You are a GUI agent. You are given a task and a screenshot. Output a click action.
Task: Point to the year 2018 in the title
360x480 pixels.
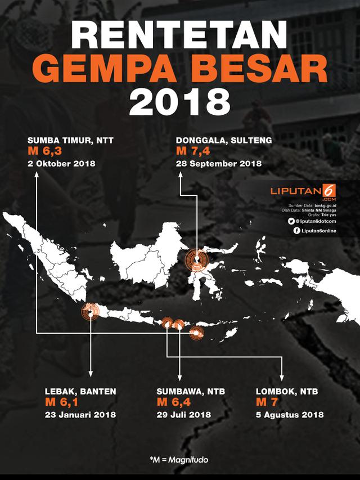(x=180, y=103)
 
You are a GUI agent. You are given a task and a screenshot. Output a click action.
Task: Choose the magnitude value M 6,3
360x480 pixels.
(x=46, y=152)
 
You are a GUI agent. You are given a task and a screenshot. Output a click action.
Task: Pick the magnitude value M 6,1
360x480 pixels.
(x=62, y=402)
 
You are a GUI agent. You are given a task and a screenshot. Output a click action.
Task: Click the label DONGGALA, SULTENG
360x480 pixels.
(x=216, y=140)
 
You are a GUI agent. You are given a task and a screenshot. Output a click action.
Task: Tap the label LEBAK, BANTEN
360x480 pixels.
(x=81, y=391)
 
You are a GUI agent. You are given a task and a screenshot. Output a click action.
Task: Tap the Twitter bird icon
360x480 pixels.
(x=291, y=222)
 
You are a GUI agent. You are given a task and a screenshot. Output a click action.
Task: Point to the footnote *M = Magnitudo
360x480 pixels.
(x=179, y=460)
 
